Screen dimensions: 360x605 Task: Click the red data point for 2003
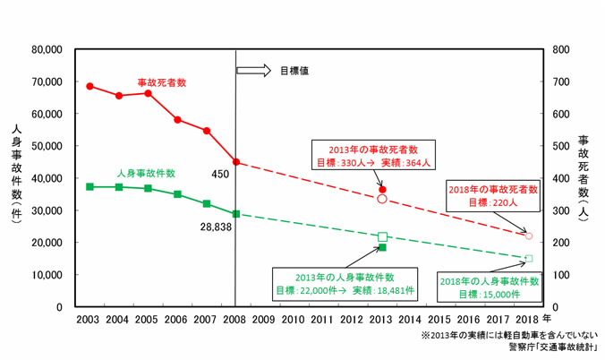(89, 86)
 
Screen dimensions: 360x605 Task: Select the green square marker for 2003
(89, 186)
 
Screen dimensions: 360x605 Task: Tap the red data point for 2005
(148, 93)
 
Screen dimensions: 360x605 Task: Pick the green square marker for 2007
(207, 203)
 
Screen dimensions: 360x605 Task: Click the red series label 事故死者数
(161, 82)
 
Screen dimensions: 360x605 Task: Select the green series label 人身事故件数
(146, 171)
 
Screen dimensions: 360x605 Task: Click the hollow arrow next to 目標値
(253, 70)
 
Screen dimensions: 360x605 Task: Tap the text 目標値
(294, 70)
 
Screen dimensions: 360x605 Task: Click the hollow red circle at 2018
(529, 236)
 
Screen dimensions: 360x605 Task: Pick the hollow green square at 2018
(529, 259)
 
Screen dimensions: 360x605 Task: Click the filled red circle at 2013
(382, 190)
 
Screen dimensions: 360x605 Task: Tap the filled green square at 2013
(382, 247)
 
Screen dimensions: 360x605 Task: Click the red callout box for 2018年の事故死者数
(492, 196)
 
